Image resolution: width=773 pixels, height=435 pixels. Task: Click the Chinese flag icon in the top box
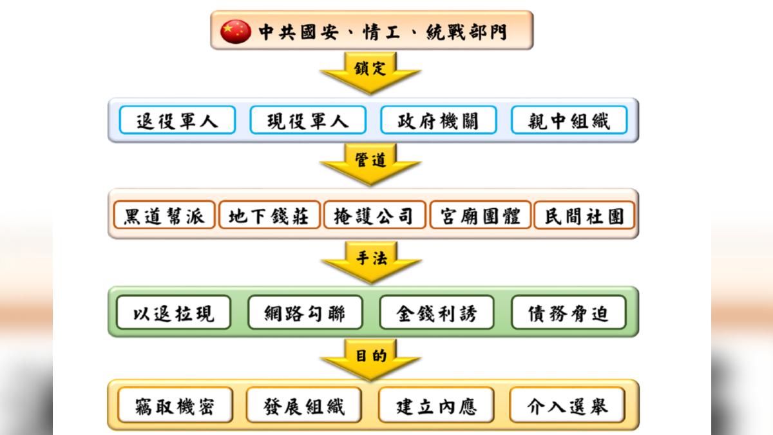[235, 31]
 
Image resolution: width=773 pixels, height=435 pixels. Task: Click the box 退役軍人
[177, 120]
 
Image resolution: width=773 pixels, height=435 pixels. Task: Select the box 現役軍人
[308, 120]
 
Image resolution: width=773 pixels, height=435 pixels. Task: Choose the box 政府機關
[439, 120]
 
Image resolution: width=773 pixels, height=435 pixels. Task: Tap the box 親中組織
[569, 120]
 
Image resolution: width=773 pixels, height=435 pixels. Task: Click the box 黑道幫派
[164, 215]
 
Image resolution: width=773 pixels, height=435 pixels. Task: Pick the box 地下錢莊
[269, 215]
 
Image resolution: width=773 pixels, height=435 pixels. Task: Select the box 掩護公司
[374, 215]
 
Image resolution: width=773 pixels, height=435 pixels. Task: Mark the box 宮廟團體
[480, 215]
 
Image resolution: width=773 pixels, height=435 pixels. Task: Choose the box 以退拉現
[173, 313]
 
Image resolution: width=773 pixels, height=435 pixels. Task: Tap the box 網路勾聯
[305, 313]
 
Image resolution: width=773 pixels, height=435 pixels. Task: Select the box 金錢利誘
[437, 313]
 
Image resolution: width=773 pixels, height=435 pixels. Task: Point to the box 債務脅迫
[568, 313]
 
